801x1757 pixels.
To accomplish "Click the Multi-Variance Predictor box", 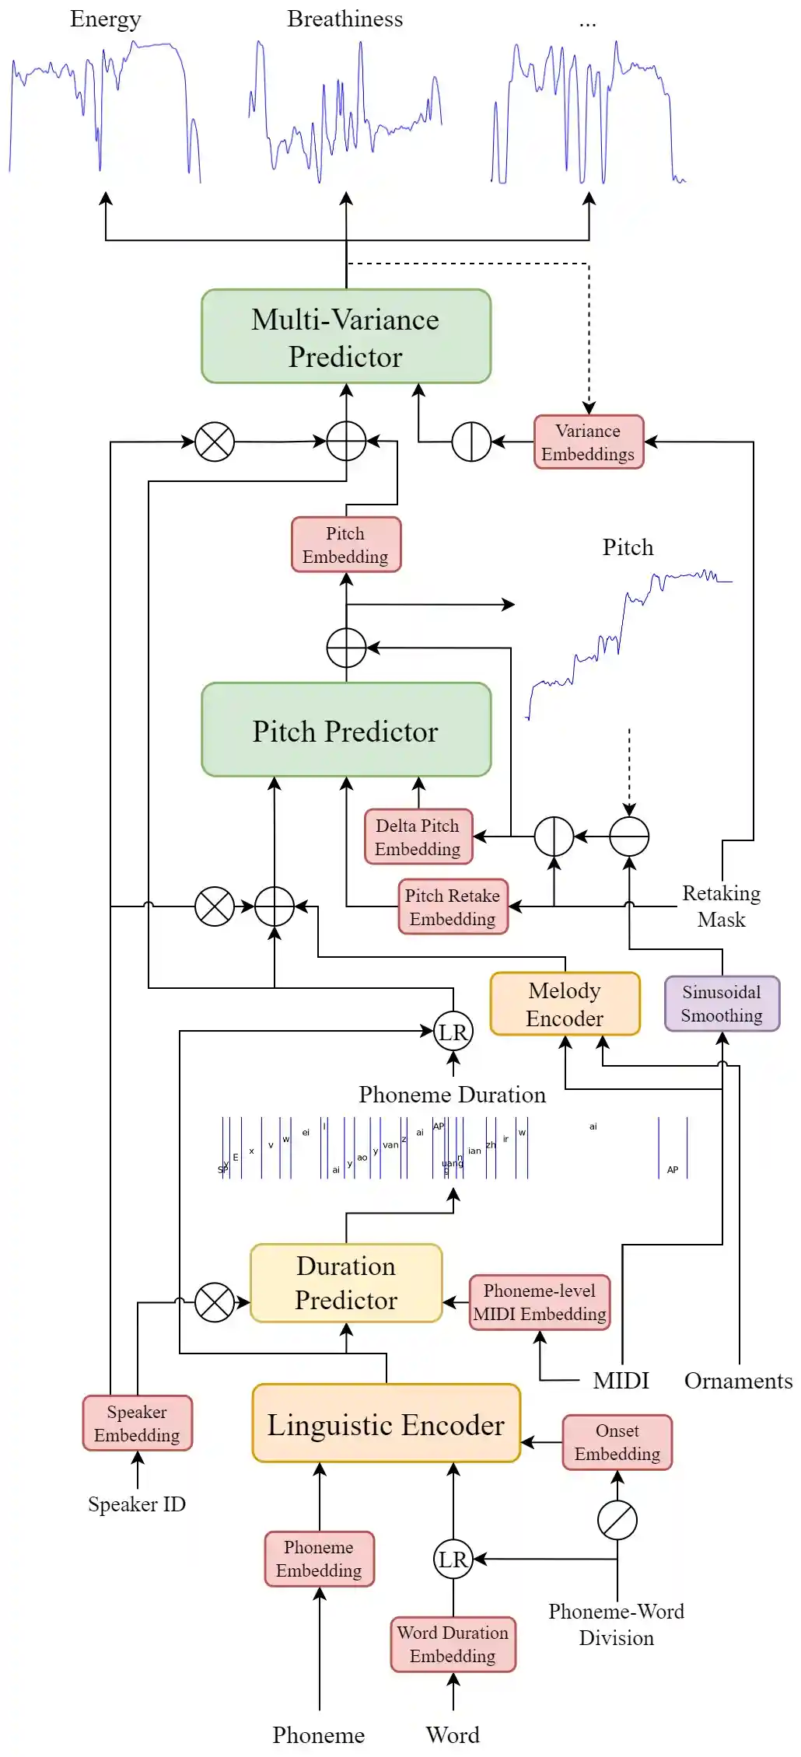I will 346,336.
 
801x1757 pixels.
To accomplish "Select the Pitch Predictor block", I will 346,730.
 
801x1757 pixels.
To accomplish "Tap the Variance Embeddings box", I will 589,442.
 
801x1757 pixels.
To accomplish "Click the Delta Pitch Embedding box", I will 418,837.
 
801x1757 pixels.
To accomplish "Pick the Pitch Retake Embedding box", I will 453,906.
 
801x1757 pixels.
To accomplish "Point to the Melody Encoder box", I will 565,1004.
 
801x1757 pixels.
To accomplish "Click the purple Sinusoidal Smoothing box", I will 722,1004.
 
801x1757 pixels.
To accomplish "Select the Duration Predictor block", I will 346,1283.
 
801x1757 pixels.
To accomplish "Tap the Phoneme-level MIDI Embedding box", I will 540,1302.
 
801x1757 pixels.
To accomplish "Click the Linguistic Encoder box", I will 386,1423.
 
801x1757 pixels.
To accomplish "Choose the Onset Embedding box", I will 617,1442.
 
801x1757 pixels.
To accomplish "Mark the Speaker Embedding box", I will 137,1423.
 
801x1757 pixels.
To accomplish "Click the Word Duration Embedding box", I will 453,1644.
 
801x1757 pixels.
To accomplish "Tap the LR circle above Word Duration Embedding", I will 453,1559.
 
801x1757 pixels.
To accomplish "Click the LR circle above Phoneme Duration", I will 453,1032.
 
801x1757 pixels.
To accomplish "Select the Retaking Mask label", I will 721,906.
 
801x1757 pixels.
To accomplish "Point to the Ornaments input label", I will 738,1381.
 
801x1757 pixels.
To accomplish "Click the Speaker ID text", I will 137,1504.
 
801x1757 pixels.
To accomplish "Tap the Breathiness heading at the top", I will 345,19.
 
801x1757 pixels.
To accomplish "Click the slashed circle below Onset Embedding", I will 617,1521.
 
